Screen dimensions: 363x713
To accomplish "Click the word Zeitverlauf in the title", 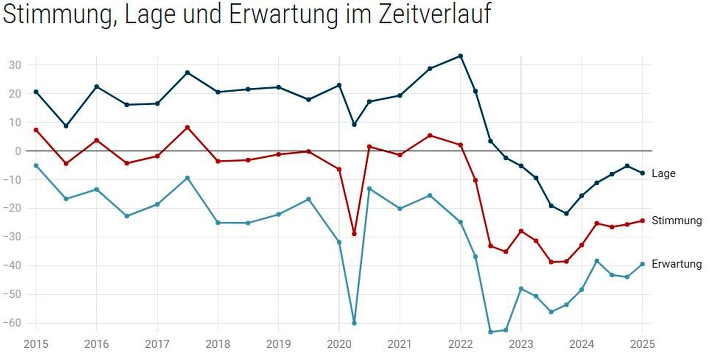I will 435,14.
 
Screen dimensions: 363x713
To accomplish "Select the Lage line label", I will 663,174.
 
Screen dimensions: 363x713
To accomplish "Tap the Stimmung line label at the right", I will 676,220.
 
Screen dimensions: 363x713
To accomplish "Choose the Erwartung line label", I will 676,264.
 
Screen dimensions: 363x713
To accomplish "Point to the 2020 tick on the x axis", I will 339,344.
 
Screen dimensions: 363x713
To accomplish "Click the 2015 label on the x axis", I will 36,344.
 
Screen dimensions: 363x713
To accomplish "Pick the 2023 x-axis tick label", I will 521,344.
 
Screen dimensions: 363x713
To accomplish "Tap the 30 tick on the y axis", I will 15,65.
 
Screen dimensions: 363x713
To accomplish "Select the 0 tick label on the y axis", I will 18,151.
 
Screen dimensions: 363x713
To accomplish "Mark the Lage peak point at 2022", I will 460,56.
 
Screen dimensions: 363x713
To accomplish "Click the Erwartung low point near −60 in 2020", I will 354,323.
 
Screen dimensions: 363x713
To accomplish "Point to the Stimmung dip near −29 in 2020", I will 354,234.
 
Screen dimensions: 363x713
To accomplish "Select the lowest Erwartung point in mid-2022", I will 490,332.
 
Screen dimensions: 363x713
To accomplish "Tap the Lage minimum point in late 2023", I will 566,213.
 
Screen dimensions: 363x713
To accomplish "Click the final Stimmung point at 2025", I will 642,221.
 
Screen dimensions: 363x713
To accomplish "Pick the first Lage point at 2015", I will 36,92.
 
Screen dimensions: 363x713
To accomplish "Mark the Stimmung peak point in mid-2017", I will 188,127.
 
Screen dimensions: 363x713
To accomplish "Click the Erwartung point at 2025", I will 642,264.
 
